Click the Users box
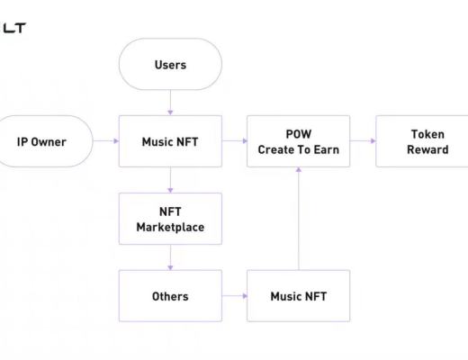(170, 64)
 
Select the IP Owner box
(42, 141)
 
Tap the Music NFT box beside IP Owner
(170, 141)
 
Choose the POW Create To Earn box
(298, 141)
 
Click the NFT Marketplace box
(170, 219)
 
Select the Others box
(170, 295)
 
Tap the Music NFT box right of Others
(298, 295)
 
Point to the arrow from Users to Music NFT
(170, 103)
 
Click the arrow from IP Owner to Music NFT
(105, 141)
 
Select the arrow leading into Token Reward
(363, 141)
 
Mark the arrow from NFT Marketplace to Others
(170, 257)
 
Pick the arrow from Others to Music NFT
(234, 295)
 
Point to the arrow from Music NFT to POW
(234, 141)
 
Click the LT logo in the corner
(13, 28)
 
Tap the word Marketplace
(170, 227)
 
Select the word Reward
(427, 149)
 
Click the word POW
(298, 134)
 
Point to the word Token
(427, 134)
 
